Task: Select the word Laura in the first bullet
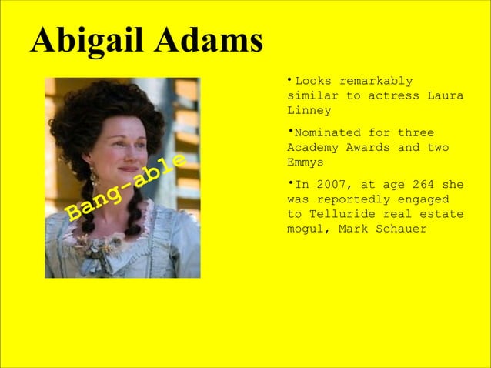coord(446,95)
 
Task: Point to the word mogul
coord(306,229)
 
